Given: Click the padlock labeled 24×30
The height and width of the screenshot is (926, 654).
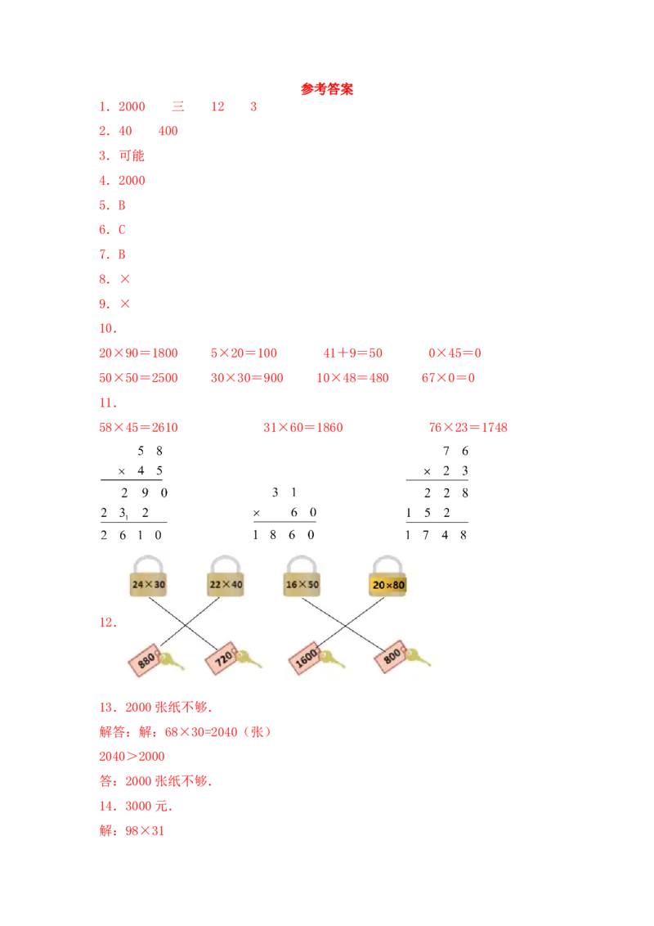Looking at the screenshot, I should (150, 584).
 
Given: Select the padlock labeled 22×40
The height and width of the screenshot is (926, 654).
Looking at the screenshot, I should (226, 584).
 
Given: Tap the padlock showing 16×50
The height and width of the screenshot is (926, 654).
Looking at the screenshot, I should (302, 584).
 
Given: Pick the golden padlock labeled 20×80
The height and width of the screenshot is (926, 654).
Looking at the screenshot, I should (388, 584).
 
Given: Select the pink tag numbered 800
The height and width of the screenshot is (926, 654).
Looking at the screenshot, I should (390, 659).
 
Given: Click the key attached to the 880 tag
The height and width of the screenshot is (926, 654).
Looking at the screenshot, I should (173, 659).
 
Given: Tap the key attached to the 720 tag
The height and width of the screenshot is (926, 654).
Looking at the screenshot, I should (249, 659).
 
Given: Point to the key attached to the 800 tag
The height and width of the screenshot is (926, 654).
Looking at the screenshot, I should (418, 657).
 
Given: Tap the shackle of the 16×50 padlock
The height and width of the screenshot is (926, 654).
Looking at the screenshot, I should (302, 564).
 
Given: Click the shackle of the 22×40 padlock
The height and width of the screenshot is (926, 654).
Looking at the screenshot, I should (226, 564).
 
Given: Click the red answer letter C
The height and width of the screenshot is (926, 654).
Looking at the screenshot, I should (123, 231).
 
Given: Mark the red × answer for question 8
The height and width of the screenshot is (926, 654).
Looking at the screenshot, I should (124, 280).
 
